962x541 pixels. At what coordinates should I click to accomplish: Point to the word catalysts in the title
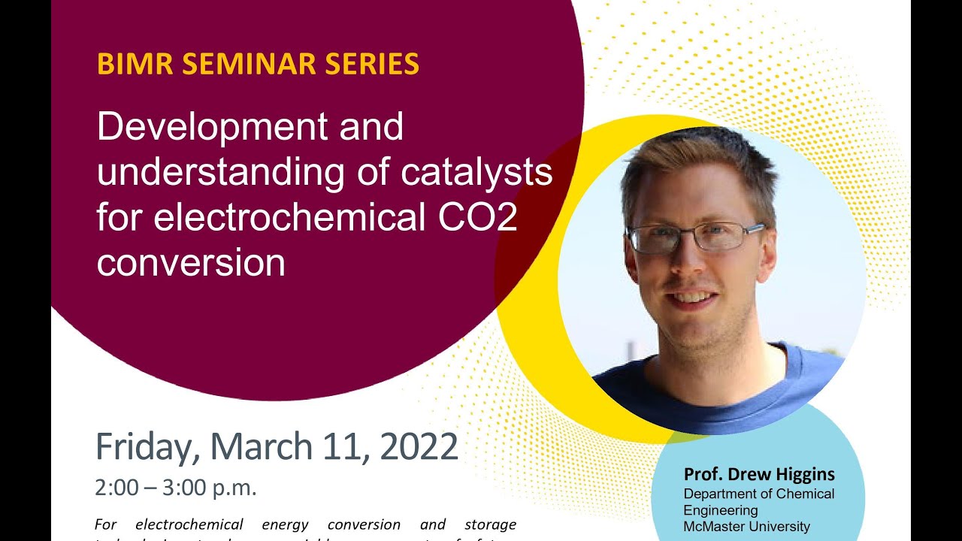click(x=476, y=173)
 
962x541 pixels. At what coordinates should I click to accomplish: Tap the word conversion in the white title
click(x=191, y=263)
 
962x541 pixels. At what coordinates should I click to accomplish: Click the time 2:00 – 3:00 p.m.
click(x=176, y=488)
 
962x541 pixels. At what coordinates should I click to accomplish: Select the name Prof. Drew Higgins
click(x=759, y=475)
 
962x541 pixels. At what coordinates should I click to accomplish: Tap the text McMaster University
click(x=746, y=527)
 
